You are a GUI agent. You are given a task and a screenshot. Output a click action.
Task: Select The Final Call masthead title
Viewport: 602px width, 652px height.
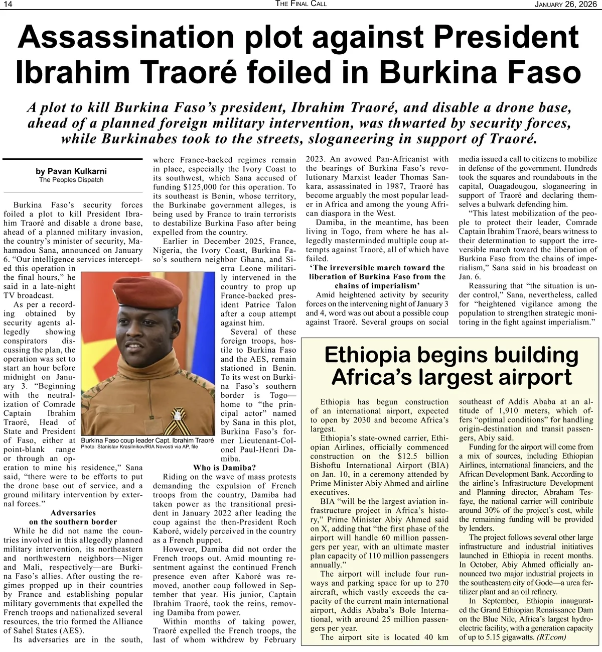pyautogui.click(x=301, y=5)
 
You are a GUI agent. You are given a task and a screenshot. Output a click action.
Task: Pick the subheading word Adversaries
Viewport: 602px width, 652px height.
pyautogui.click(x=73, y=513)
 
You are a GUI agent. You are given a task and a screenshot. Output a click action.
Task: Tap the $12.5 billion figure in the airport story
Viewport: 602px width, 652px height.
pyautogui.click(x=418, y=456)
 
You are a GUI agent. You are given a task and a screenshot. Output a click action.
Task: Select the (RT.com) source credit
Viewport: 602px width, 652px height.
pyautogui.click(x=551, y=637)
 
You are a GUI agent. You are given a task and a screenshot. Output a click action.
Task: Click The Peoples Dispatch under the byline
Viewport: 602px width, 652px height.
pyautogui.click(x=71, y=180)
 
